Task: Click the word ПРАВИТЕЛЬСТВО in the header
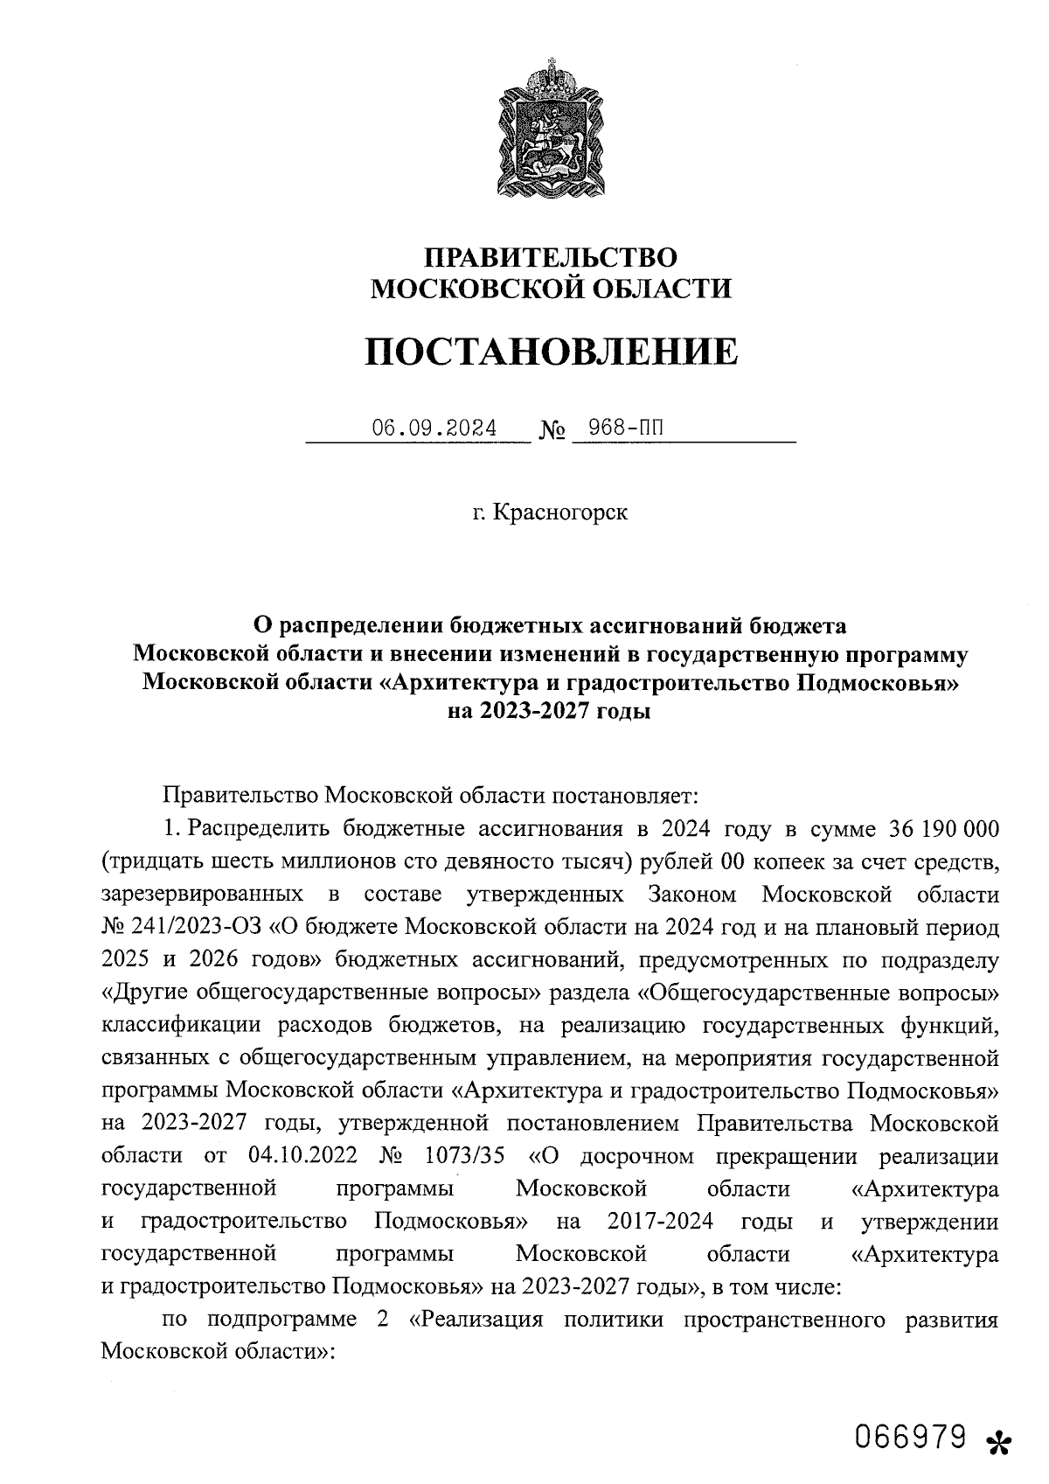pos(551,258)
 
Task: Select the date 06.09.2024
pos(434,428)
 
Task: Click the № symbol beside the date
pos(551,431)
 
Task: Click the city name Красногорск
pos(559,512)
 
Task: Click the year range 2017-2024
pos(660,1221)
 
